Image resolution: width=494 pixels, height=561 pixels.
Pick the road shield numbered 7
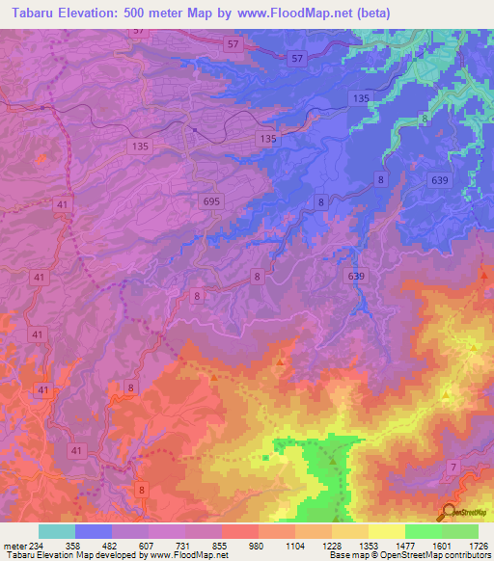pos(452,467)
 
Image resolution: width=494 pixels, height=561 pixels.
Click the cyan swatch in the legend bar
pos(56,531)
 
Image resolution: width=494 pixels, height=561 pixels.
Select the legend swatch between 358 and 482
pos(93,531)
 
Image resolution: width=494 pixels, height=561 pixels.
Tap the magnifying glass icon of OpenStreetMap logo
pos(449,512)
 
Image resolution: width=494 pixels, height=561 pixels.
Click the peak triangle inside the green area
pos(333,460)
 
